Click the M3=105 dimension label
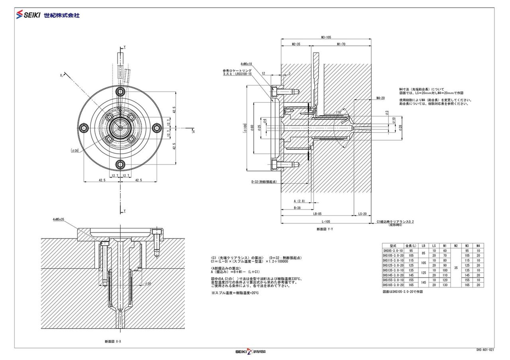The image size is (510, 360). pos(326,37)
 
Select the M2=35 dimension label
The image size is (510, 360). pos(295,44)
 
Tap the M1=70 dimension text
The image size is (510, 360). pos(341,44)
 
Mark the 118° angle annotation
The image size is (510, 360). pos(338,113)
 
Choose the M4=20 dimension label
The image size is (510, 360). pos(380,98)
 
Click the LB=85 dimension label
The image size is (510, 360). pos(317,213)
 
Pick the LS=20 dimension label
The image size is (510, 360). pos(362,213)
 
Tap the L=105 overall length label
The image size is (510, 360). pos(326,221)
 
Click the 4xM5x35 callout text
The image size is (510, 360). pos(58,219)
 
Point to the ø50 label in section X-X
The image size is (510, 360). pos(147,284)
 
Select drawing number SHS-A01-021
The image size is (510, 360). pos(485,349)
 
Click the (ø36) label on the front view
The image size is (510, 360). pos(75,151)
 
